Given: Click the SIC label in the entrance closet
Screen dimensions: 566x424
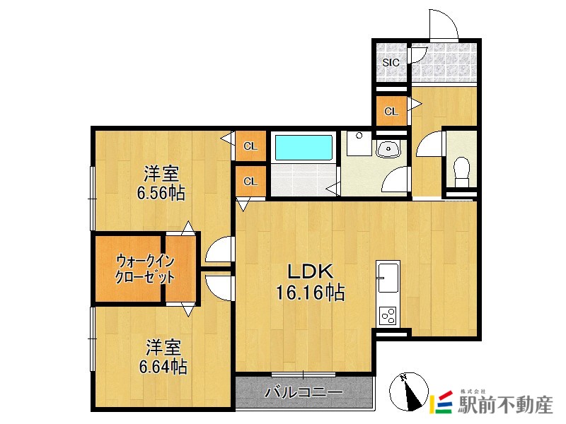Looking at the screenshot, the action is click(391, 62).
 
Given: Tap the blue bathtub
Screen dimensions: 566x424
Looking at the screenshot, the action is click(304, 147).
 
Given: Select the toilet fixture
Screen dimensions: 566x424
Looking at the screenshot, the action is click(461, 172).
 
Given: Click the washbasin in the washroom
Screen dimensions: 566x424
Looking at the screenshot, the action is click(388, 148).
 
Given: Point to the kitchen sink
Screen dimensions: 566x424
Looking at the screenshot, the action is click(388, 277).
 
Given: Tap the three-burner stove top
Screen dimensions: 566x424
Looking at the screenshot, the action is click(388, 316).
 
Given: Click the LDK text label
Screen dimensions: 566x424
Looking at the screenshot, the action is click(310, 272).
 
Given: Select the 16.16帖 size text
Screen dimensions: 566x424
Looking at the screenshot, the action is click(310, 293).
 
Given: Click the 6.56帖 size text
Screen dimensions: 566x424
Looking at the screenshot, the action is click(161, 193).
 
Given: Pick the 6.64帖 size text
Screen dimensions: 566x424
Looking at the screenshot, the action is click(163, 367).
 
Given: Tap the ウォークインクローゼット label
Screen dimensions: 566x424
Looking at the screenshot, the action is click(145, 269).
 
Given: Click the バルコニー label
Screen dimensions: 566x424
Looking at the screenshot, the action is click(304, 392).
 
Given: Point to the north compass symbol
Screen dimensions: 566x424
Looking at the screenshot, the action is click(409, 392).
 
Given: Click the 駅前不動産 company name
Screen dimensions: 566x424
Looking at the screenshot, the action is click(505, 404).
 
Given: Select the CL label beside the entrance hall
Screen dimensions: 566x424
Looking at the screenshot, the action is click(391, 112).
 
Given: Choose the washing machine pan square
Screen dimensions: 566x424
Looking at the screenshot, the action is click(359, 143).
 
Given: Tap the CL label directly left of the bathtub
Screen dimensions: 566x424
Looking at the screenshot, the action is click(250, 146).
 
